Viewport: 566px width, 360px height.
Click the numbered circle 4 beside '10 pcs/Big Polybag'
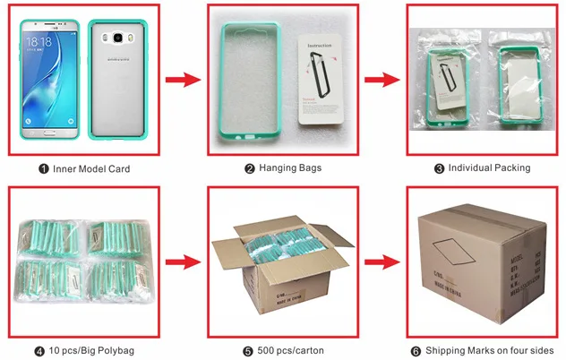click(x=39, y=349)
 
